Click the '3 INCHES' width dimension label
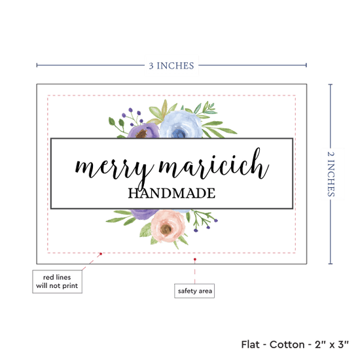click(171, 65)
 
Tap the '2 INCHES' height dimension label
click(331, 174)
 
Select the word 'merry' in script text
click(114, 170)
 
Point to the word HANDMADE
click(171, 193)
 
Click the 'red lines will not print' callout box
click(57, 281)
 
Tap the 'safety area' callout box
click(194, 291)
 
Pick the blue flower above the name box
click(181, 124)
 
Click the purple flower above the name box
click(143, 131)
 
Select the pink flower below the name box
click(168, 226)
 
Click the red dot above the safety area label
click(194, 259)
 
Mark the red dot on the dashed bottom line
click(101, 254)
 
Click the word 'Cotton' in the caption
click(287, 344)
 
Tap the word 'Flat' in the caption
click(250, 344)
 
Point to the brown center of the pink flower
click(166, 228)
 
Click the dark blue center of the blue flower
click(178, 133)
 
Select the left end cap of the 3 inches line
click(37, 65)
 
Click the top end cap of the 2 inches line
click(331, 84)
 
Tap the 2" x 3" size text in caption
click(332, 344)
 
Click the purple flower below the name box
click(144, 214)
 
